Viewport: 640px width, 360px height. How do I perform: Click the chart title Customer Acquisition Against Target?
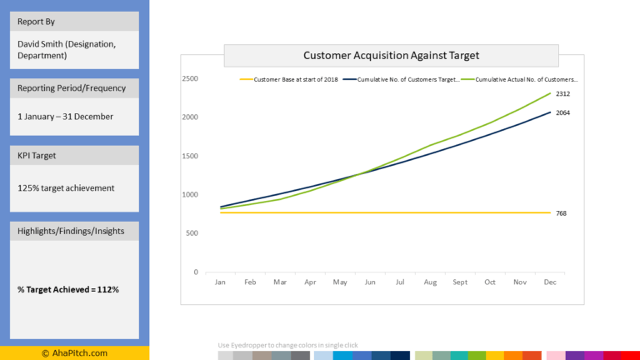(x=391, y=56)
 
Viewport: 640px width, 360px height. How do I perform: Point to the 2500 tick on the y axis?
(x=190, y=79)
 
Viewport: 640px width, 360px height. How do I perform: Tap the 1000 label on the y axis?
(x=190, y=195)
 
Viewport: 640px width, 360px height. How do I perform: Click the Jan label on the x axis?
(x=220, y=282)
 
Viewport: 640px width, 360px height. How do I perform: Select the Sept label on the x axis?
(x=460, y=282)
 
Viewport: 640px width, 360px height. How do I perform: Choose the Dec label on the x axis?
(x=550, y=282)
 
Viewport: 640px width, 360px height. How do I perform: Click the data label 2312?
(x=562, y=94)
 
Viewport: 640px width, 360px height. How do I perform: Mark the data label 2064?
(x=562, y=112)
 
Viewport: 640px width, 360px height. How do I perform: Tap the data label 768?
(x=561, y=213)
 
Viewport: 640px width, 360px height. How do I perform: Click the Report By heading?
(x=37, y=22)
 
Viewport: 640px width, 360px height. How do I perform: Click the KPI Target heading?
(x=38, y=155)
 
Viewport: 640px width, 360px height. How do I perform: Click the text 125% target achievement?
(x=66, y=188)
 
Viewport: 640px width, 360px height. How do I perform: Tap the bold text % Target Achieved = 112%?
(x=68, y=289)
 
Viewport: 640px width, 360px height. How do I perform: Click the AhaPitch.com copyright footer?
(x=74, y=353)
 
